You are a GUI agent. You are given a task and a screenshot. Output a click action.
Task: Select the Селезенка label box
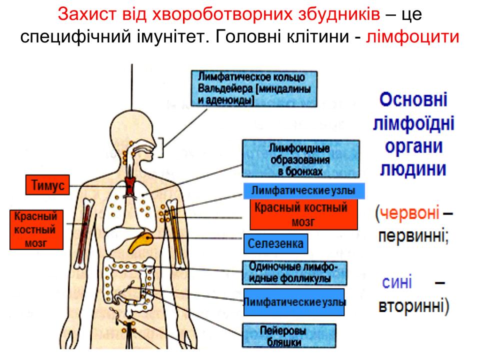[275, 244]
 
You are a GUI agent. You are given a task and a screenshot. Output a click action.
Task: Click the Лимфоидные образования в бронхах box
[300, 159]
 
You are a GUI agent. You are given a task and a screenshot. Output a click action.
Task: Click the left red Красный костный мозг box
[36, 229]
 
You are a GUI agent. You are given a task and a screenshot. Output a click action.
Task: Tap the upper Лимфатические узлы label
[303, 190]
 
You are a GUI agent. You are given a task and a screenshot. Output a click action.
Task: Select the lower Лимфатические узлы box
[294, 302]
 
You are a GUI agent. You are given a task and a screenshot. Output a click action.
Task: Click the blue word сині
[397, 282]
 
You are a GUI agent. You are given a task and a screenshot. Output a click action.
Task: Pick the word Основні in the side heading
[413, 99]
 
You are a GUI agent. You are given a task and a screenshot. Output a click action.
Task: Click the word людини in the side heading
[413, 169]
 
